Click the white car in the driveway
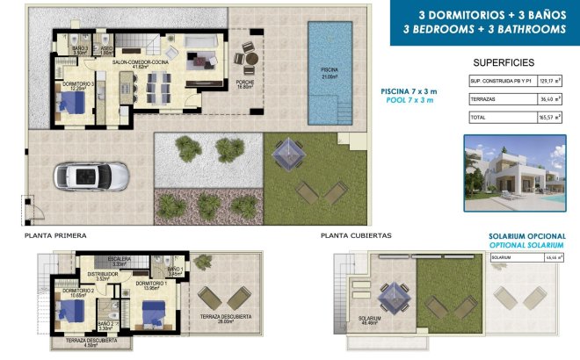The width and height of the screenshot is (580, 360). tap(86, 176)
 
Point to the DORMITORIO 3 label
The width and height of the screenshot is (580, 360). tap(76, 85)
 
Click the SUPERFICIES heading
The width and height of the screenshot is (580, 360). tap(504, 63)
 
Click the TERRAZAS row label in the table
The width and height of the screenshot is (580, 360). tap(484, 99)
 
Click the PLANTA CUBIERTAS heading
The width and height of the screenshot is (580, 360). tap(356, 236)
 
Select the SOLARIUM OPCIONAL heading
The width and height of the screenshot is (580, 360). tap(525, 237)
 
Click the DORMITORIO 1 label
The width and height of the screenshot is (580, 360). tap(151, 284)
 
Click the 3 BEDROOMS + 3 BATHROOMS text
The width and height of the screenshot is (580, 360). tap(482, 29)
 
